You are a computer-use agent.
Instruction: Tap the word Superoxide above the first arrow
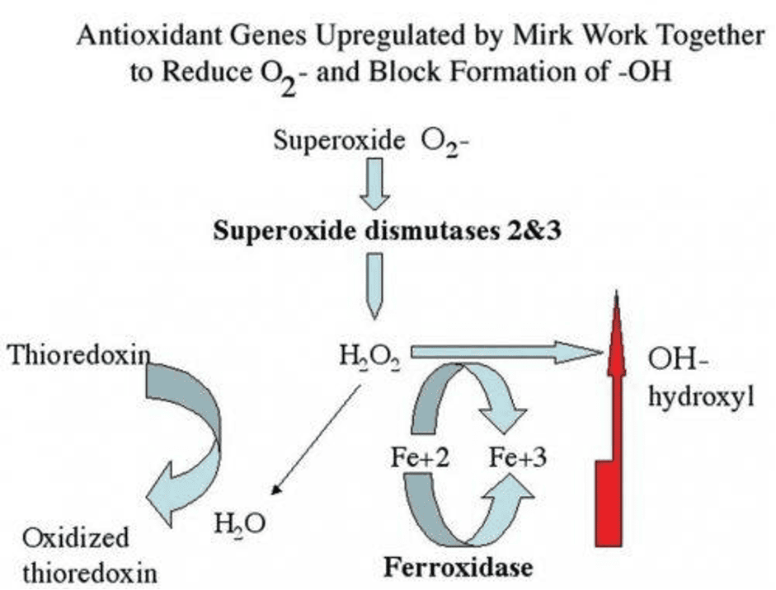click(x=339, y=141)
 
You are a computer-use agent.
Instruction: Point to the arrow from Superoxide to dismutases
click(x=374, y=184)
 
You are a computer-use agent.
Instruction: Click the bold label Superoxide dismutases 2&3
click(x=388, y=231)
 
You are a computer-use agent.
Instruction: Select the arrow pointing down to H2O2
click(x=374, y=286)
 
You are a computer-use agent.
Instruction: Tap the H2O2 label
click(x=369, y=357)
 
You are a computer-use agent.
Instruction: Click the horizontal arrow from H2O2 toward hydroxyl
click(x=506, y=353)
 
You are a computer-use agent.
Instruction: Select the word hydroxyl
click(x=701, y=396)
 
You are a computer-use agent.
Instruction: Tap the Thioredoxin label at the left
click(x=79, y=355)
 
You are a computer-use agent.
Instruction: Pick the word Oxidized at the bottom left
click(x=76, y=537)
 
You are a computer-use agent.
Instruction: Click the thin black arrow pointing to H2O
click(x=317, y=440)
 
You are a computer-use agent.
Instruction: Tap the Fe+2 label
click(x=421, y=457)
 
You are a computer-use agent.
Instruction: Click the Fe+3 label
click(x=518, y=457)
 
